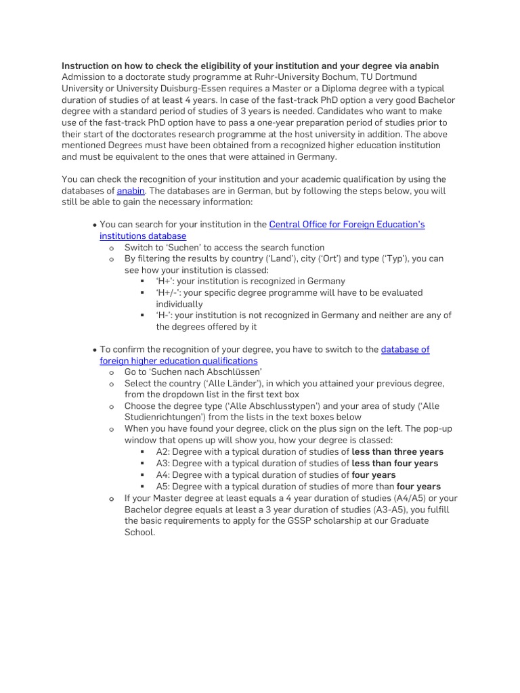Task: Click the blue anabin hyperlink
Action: (131, 191)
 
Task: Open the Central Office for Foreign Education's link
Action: (347, 224)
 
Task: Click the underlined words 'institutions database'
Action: (143, 236)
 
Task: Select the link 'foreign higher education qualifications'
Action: (179, 361)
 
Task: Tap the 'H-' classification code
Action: (164, 315)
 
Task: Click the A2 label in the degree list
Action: (162, 451)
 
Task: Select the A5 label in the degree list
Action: (162, 486)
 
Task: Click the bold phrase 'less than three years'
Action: (397, 451)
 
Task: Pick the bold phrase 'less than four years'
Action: (395, 463)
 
